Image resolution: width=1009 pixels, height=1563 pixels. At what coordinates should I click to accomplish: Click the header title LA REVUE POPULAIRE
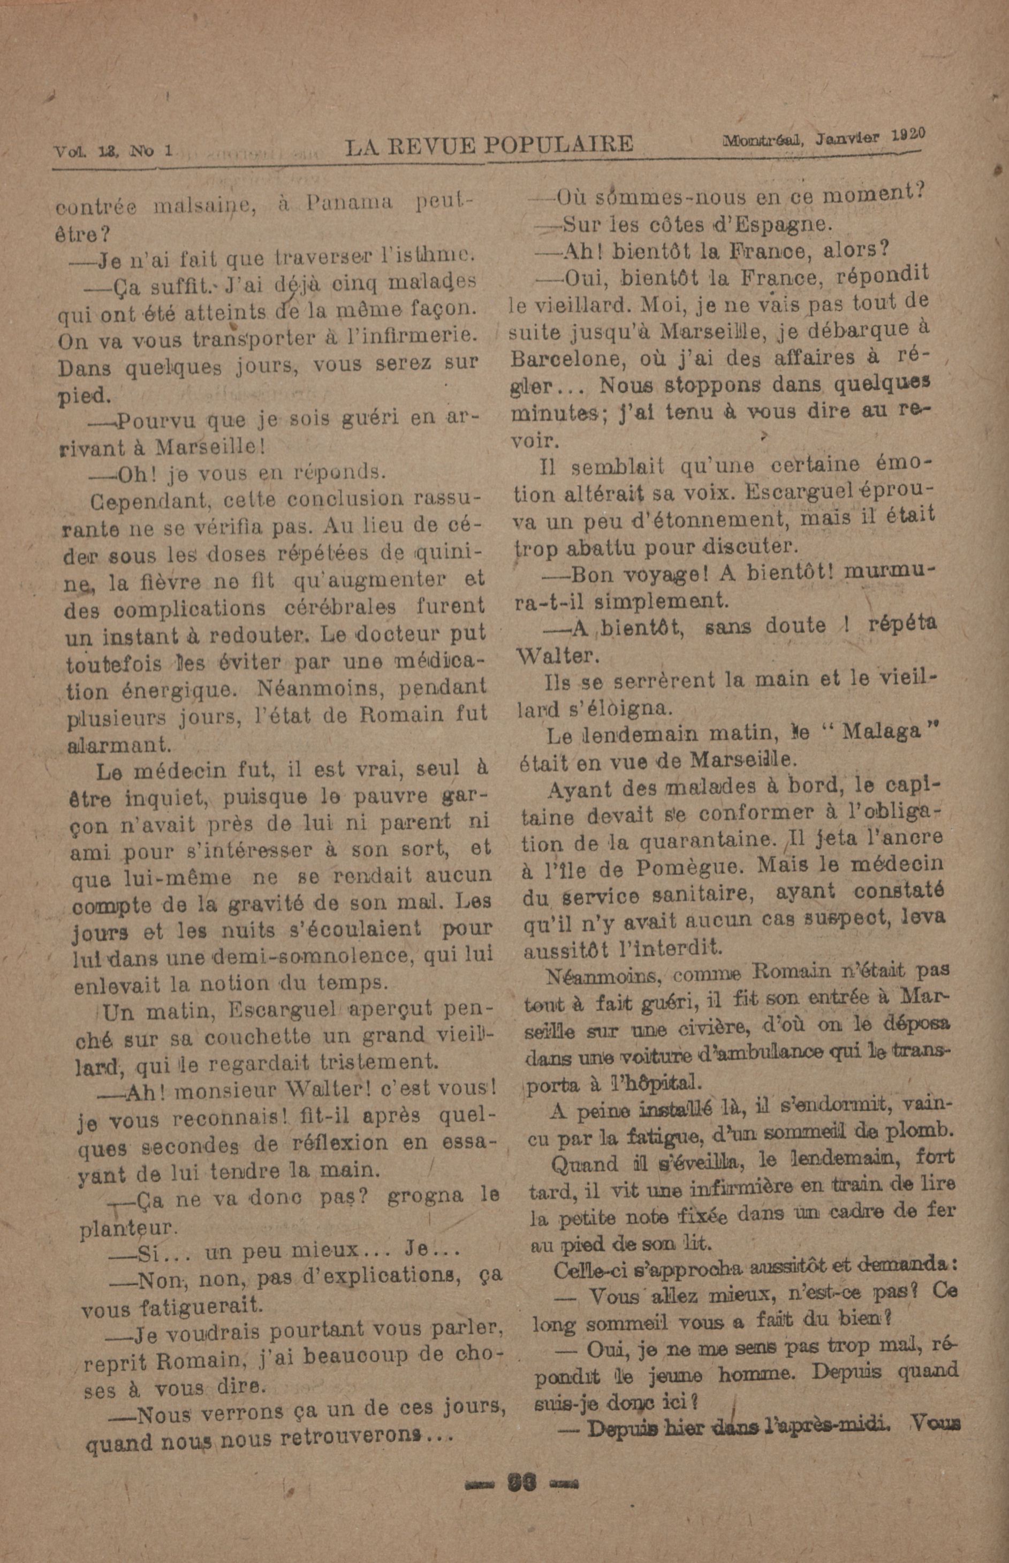pos(489,144)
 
